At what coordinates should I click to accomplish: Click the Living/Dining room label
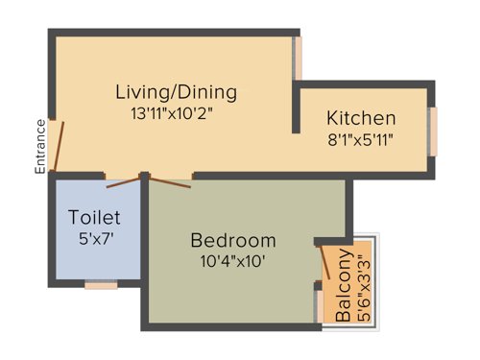pyautogui.click(x=176, y=93)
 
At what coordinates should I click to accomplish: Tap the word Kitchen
pyautogui.click(x=361, y=119)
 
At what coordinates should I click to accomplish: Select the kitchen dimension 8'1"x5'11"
pyautogui.click(x=361, y=139)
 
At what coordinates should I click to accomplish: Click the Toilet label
pyautogui.click(x=95, y=216)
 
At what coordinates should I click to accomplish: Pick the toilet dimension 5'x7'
pyautogui.click(x=95, y=236)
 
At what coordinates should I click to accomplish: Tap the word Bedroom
pyautogui.click(x=232, y=240)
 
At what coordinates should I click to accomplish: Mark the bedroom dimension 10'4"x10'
pyautogui.click(x=232, y=260)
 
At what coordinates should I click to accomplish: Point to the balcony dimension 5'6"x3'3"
pyautogui.click(x=361, y=285)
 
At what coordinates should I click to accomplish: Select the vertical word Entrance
pyautogui.click(x=41, y=146)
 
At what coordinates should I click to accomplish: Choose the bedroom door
pyautogui.click(x=174, y=181)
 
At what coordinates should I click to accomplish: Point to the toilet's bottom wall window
pyautogui.click(x=100, y=283)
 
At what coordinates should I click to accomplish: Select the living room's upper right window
pyautogui.click(x=298, y=60)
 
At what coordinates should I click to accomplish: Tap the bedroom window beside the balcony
pyautogui.click(x=318, y=305)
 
